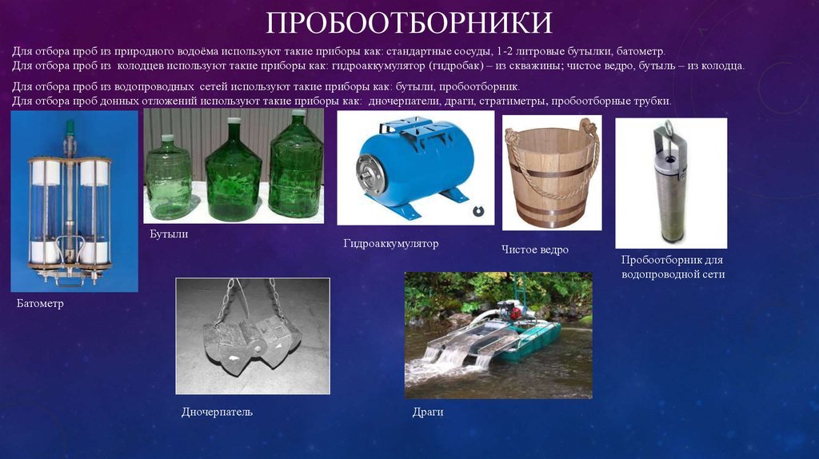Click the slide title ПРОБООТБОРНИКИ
click(409, 23)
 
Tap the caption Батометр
click(40, 303)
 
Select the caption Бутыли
click(169, 234)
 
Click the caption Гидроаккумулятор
click(390, 243)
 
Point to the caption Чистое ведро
click(535, 249)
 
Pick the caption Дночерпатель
click(217, 412)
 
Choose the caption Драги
click(428, 412)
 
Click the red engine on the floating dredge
click(516, 313)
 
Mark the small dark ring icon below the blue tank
click(478, 211)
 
